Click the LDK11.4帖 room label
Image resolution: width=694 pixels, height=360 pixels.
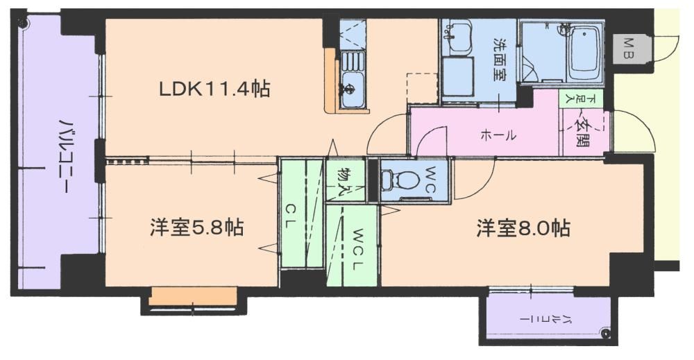[x=214, y=89]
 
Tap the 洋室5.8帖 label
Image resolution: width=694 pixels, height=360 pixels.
[x=196, y=228]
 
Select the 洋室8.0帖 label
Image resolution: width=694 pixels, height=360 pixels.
[x=523, y=228]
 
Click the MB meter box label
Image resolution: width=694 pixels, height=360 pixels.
[x=629, y=49]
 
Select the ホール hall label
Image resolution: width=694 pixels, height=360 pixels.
[x=498, y=135]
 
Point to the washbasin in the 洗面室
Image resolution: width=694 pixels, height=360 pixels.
[x=456, y=35]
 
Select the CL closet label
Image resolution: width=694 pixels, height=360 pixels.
[x=290, y=216]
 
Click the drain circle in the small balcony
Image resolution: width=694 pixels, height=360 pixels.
[x=605, y=333]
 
